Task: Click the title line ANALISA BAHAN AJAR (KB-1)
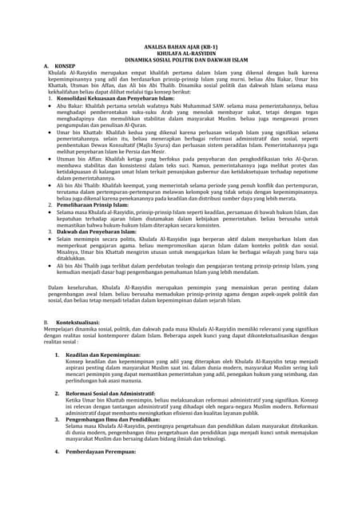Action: [x=181, y=48]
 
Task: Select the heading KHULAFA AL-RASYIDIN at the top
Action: [x=181, y=54]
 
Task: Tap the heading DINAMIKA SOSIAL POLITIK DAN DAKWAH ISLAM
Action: [x=181, y=61]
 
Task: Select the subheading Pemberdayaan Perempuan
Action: [x=101, y=452]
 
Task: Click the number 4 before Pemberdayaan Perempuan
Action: [x=58, y=452]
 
